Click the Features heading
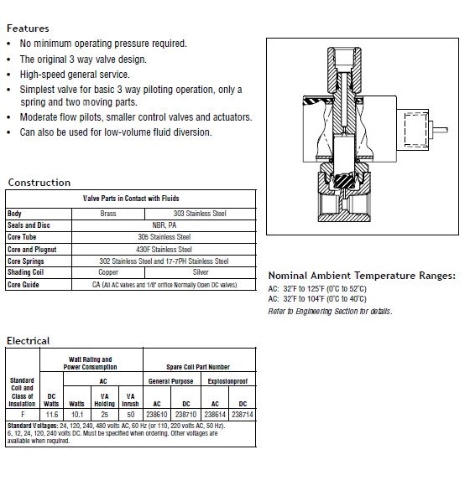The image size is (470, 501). (28, 28)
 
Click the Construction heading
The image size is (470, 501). (39, 183)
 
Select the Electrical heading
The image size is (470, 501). (29, 341)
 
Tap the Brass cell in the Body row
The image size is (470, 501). (108, 214)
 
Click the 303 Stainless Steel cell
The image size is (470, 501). (200, 214)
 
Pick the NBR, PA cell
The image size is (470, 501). (164, 225)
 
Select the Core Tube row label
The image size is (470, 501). (22, 237)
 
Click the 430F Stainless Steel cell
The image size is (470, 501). (164, 249)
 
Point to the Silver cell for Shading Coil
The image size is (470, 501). (201, 272)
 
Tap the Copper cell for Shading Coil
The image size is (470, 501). (108, 272)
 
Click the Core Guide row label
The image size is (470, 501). (23, 285)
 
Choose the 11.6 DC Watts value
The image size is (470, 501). (51, 415)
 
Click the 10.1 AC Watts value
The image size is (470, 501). (77, 415)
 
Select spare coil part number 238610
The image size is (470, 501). (157, 415)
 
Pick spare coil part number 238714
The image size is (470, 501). (243, 415)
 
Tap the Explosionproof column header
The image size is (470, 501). (227, 381)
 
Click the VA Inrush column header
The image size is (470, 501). (130, 400)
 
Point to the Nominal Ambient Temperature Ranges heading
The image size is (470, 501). (362, 276)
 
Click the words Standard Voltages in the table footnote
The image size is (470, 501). (33, 426)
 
